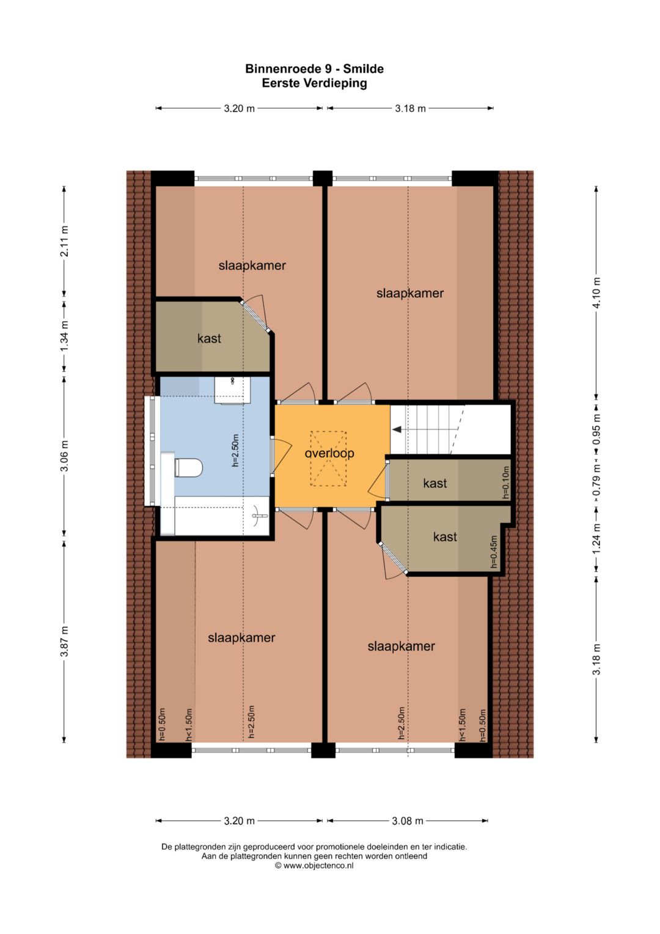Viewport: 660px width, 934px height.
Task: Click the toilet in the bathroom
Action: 188,468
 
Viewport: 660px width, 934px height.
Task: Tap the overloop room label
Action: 329,453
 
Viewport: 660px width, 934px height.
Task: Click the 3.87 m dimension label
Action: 64,642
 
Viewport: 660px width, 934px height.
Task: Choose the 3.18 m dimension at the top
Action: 411,108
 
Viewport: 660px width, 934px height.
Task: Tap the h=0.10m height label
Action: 506,483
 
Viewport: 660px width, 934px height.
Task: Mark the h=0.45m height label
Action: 494,552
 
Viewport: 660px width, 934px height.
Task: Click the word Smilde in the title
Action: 364,69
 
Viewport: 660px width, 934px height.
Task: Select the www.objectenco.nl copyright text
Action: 314,865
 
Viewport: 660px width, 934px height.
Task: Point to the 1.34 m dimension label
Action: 64,336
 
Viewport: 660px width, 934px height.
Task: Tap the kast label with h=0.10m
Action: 435,483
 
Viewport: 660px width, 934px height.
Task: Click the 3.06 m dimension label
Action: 64,455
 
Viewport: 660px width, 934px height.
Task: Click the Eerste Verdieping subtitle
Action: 314,83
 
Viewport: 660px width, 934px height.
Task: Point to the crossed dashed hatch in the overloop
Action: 328,459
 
